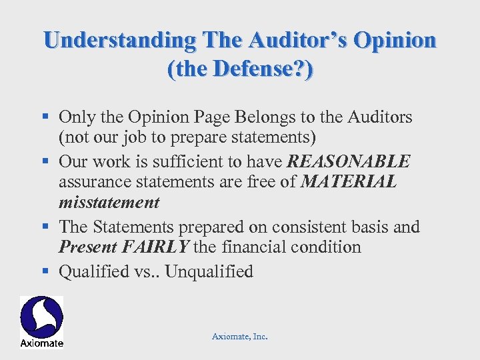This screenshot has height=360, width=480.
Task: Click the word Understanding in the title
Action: (x=120, y=40)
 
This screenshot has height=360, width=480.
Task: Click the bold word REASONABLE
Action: (x=349, y=161)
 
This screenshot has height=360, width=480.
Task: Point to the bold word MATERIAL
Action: (x=349, y=182)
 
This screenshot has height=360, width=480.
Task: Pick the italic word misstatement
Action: (x=109, y=203)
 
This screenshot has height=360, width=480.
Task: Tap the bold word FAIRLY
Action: (x=157, y=247)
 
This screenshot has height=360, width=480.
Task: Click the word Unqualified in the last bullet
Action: (x=209, y=271)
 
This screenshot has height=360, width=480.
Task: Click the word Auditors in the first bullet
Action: (x=381, y=117)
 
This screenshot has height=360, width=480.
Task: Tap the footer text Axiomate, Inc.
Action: (x=239, y=337)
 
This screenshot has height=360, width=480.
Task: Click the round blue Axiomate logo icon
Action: (x=41, y=317)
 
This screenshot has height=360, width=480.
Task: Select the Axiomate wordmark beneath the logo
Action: (x=41, y=343)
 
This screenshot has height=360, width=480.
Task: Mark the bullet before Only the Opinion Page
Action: (x=47, y=117)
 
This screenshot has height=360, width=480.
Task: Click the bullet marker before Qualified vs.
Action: (x=47, y=271)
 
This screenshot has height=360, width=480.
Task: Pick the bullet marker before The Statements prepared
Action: (x=47, y=227)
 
